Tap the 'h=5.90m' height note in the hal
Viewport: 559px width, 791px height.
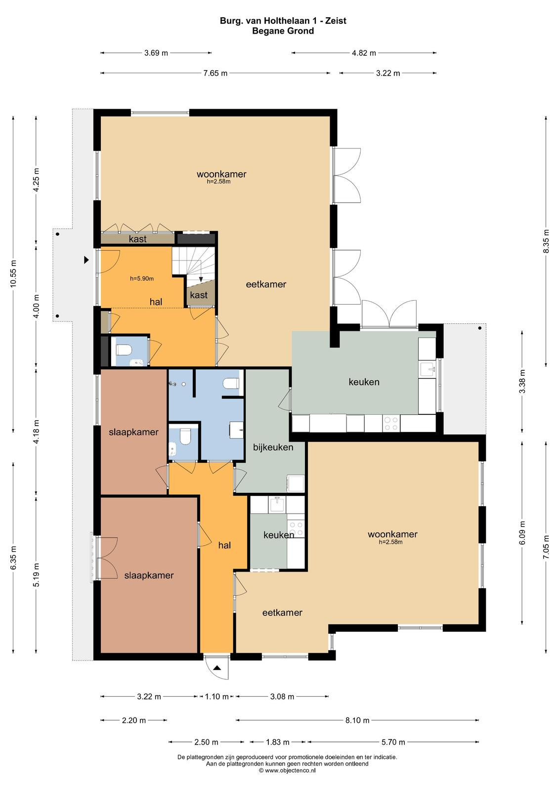tap(142, 278)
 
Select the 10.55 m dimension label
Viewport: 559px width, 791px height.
tap(13, 274)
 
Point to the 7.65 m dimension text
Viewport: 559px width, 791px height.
tap(215, 73)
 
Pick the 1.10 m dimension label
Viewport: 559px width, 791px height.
tap(216, 697)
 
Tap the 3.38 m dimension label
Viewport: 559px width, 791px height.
tap(522, 381)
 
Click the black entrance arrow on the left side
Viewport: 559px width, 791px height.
tap(86, 260)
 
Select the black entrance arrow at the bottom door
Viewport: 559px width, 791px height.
tap(217, 668)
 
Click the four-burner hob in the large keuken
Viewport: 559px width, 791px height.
tap(391, 423)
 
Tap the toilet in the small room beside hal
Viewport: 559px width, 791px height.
tap(124, 350)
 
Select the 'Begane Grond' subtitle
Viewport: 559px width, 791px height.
tap(283, 31)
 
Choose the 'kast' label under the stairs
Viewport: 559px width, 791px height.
tap(199, 295)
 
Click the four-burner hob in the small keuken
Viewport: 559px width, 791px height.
tap(296, 528)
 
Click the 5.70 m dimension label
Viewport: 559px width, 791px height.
tap(393, 742)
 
